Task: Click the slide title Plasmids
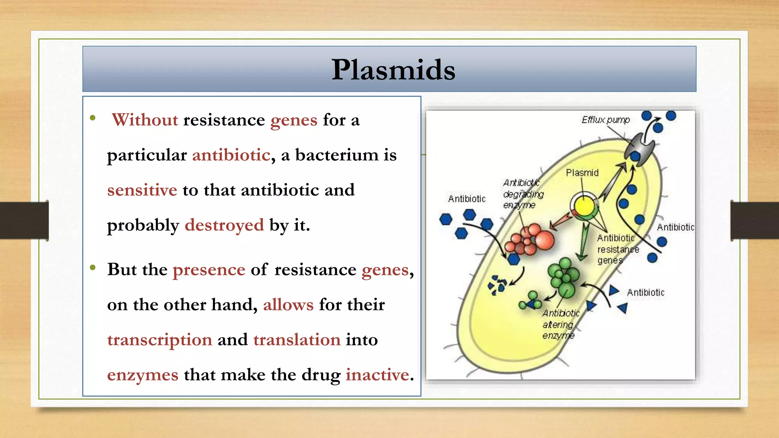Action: (x=393, y=70)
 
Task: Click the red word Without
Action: (x=145, y=120)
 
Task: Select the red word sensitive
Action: (x=142, y=190)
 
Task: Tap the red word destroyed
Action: (x=224, y=225)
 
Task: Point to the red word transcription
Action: (x=159, y=340)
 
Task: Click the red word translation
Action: (x=297, y=340)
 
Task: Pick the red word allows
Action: (x=288, y=305)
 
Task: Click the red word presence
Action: (x=209, y=270)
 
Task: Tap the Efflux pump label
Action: (x=606, y=120)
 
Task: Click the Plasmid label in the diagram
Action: (x=582, y=173)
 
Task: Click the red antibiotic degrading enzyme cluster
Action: (x=530, y=240)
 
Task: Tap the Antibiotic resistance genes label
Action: (x=617, y=249)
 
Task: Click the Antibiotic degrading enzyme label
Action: (x=523, y=194)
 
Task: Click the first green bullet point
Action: (x=93, y=118)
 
